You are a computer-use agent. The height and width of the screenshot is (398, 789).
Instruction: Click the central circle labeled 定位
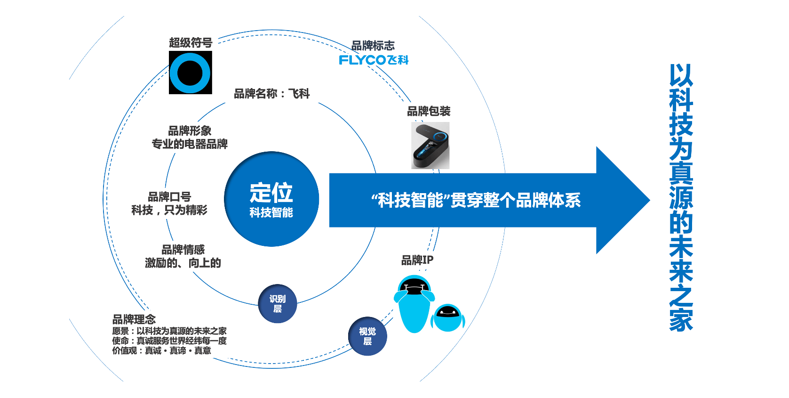[x=271, y=199]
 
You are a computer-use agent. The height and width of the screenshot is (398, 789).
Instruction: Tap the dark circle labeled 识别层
[x=278, y=304]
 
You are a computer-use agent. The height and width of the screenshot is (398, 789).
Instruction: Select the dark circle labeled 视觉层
[x=367, y=336]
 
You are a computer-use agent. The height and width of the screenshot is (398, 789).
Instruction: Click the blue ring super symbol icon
[x=191, y=73]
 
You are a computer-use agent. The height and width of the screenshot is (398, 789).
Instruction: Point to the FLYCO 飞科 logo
[x=374, y=60]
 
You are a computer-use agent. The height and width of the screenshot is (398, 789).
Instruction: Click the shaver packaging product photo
[x=430, y=146]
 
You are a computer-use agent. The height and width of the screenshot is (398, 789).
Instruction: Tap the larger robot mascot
[x=414, y=303]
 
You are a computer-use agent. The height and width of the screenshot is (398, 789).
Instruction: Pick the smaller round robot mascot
[x=448, y=317]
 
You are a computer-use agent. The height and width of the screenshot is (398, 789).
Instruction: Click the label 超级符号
[x=191, y=43]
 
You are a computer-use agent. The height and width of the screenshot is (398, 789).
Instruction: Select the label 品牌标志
[x=373, y=46]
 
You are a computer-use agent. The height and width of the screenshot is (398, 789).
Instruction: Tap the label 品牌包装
[x=429, y=111]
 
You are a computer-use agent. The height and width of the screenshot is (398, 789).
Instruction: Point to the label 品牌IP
[x=417, y=260]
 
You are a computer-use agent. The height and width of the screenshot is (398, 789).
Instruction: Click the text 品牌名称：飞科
[x=272, y=94]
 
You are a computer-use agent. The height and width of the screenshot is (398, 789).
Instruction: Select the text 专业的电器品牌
[x=190, y=144]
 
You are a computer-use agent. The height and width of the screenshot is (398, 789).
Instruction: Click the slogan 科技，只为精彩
[x=169, y=210]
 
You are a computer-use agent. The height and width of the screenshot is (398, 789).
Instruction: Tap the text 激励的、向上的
[x=183, y=263]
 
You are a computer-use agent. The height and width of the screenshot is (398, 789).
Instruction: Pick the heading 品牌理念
[x=134, y=319]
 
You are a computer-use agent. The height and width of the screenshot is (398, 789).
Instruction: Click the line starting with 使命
[x=169, y=341]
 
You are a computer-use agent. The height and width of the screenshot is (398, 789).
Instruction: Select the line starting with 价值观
[x=161, y=350]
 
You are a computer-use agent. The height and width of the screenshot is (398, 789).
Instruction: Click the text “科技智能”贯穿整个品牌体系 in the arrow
[x=476, y=200]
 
